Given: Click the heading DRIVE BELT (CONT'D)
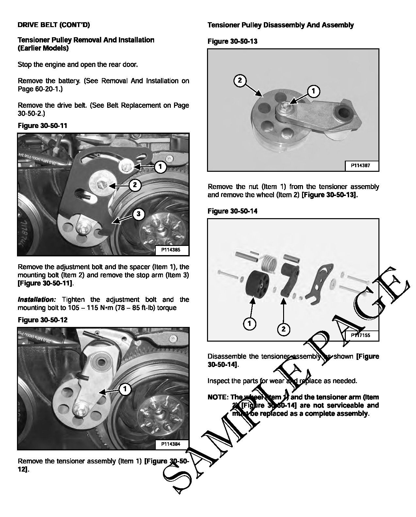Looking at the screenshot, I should tap(54, 25).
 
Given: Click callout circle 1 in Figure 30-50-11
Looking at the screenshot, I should tap(160, 167).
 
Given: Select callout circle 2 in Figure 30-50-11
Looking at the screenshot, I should tap(135, 185).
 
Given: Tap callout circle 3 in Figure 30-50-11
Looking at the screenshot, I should tap(138, 214).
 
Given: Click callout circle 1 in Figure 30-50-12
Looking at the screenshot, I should tap(125, 389).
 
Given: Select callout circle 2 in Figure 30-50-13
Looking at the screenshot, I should tap(240, 80).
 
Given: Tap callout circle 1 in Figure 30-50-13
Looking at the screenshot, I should tap(313, 91).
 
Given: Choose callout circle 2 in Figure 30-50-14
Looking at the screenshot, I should tap(283, 329).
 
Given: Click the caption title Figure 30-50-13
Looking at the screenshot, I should tap(232, 41).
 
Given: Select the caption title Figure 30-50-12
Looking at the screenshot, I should tap(42, 320).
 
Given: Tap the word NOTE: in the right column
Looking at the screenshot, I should tap(218, 397).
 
